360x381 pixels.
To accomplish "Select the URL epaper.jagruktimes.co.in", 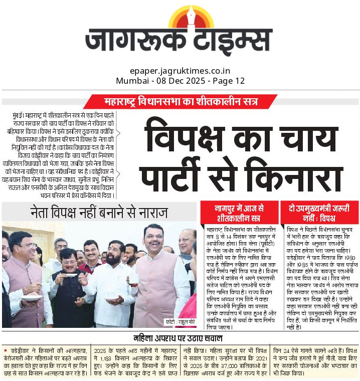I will [x=179, y=71].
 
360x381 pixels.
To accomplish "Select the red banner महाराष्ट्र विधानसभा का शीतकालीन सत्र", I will [x=180, y=102].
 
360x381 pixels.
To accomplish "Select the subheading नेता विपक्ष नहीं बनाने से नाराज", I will [x=99, y=211].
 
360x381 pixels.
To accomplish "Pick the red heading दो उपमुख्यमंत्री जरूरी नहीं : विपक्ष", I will [x=319, y=212].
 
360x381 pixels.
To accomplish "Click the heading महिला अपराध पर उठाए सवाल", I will [x=180, y=337].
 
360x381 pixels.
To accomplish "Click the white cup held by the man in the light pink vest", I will [x=133, y=278].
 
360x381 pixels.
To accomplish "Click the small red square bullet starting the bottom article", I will [x=5, y=349].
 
